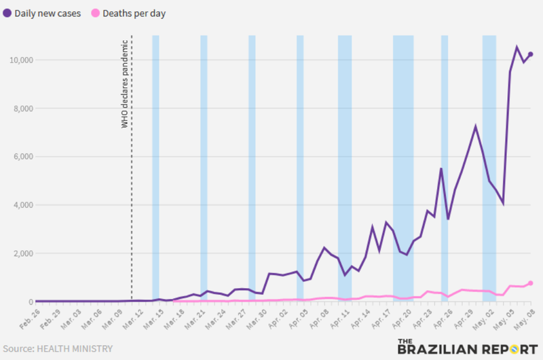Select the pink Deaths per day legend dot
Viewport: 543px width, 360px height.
[x=96, y=13]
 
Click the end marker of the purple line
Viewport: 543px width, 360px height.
[x=530, y=54]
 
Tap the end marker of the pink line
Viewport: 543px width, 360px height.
[x=530, y=283]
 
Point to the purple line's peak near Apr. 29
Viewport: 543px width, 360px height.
[x=476, y=126]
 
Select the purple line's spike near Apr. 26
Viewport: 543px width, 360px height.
[x=441, y=168]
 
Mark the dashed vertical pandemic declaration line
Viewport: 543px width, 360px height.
[x=132, y=204]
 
